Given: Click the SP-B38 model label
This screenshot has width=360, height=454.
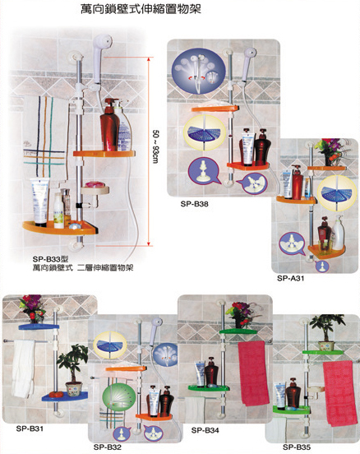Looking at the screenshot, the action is click(x=194, y=204).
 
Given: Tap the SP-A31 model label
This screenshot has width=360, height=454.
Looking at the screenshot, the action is click(x=290, y=278).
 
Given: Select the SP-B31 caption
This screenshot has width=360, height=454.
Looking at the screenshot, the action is click(x=30, y=429).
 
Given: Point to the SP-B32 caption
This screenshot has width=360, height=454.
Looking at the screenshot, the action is click(x=108, y=447).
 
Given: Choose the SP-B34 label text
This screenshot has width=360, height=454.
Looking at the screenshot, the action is click(x=205, y=430).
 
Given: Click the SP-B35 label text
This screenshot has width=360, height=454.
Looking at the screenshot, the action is click(x=297, y=447).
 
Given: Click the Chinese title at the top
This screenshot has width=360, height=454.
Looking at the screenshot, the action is click(x=141, y=9).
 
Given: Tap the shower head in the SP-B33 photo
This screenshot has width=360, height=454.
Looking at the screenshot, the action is click(x=99, y=58).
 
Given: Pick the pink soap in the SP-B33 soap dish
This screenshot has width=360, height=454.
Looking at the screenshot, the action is click(x=95, y=184).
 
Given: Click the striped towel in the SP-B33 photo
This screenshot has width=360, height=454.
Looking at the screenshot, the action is click(x=45, y=136).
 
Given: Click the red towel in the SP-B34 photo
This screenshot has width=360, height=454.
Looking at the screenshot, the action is click(x=253, y=373).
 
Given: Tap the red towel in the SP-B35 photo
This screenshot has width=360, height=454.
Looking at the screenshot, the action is click(x=339, y=393).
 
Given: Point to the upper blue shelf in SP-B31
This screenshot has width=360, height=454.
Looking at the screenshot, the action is click(x=39, y=327).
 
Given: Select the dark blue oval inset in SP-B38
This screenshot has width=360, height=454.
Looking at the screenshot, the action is click(x=198, y=71).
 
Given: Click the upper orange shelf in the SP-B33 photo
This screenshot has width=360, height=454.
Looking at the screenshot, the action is click(x=104, y=154).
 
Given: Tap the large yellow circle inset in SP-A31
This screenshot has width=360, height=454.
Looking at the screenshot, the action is click(x=337, y=192).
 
